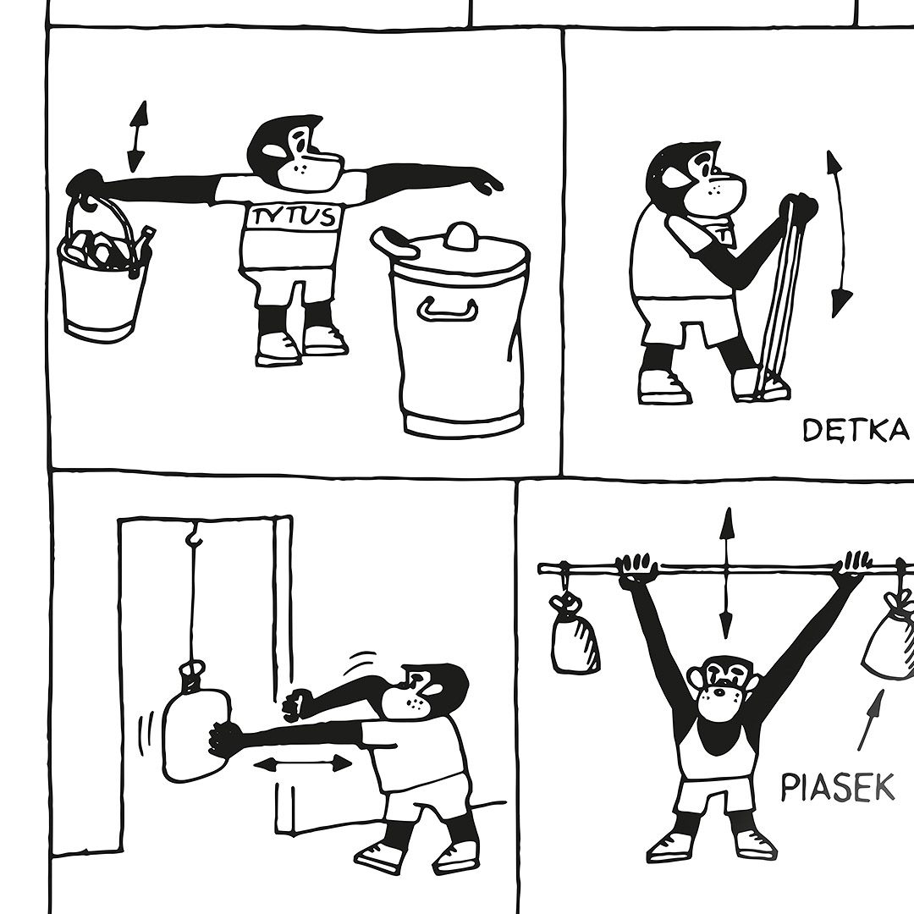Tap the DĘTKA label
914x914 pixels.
point(856,430)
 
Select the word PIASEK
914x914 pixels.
point(838,786)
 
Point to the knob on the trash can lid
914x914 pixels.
point(460,234)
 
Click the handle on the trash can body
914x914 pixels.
point(447,310)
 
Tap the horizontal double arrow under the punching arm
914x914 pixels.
point(303,763)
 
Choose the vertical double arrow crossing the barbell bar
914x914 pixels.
point(726,573)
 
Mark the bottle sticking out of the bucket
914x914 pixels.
point(143,248)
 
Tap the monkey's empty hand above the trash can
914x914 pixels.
point(487,181)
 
